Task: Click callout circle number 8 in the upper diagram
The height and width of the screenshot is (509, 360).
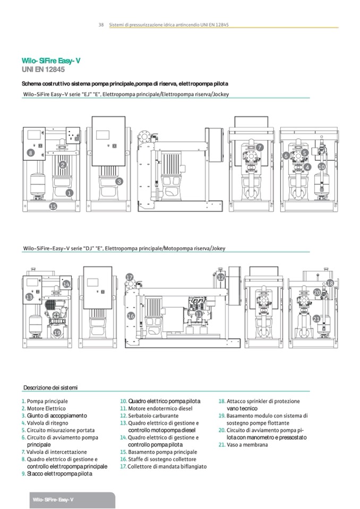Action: tap(31, 153)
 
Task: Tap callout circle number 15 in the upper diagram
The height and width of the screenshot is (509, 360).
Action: tap(53, 206)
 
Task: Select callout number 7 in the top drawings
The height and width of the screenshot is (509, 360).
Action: tap(260, 147)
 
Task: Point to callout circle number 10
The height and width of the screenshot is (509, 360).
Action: tap(321, 167)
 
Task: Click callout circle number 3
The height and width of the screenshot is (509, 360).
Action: tap(119, 182)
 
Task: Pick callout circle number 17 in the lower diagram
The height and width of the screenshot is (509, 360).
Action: tap(130, 278)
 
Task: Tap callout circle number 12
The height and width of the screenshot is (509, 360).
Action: tap(221, 277)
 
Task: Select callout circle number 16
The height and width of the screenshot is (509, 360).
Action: tap(131, 316)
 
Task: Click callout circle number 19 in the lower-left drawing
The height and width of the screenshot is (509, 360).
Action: tap(57, 333)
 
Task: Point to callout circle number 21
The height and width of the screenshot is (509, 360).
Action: tap(316, 318)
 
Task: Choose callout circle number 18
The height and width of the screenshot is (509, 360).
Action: tap(330, 283)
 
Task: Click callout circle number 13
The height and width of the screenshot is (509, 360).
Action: tap(29, 298)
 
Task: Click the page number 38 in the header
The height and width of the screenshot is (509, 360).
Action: tap(100, 25)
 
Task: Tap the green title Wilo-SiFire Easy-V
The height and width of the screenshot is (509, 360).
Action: tap(51, 61)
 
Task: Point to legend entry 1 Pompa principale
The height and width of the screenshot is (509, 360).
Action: tap(47, 401)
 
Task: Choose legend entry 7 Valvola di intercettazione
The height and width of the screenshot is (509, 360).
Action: tap(53, 452)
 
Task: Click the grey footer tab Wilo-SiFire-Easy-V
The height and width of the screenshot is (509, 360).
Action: tap(53, 500)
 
